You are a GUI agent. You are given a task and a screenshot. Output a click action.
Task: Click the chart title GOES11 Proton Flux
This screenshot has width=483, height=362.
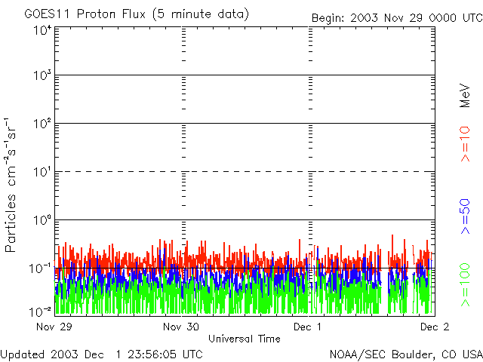point(136,14)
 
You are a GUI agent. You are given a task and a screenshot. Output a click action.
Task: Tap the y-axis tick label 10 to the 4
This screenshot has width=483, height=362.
point(42,31)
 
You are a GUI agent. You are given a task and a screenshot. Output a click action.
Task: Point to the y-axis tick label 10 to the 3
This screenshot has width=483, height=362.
point(42,77)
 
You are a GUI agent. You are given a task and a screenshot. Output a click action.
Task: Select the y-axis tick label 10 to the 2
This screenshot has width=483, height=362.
point(42,125)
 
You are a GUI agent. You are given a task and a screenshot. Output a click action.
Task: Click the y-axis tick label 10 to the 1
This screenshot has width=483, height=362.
point(42,173)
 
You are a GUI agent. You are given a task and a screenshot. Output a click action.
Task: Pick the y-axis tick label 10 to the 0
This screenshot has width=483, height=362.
point(42,222)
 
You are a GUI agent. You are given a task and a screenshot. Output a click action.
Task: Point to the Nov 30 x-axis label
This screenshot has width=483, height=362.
point(181,327)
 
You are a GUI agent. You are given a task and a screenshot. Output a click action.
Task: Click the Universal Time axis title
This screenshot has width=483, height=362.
point(244,339)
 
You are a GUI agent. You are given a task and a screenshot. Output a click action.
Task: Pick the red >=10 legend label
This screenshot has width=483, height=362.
point(465,143)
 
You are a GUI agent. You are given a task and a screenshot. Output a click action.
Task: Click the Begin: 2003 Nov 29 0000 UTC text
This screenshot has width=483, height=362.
point(395,17)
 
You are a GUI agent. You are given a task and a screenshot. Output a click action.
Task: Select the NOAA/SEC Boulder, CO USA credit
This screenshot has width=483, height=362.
point(405,354)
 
